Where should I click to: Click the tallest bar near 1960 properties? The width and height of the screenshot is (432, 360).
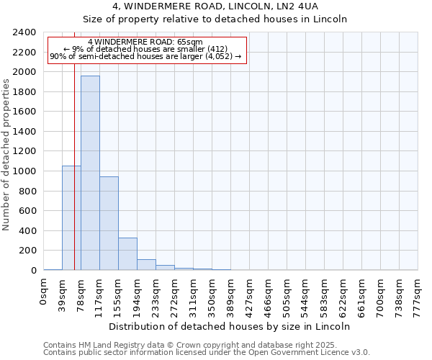point(90,173)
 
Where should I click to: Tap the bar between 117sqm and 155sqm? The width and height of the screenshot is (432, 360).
point(109,223)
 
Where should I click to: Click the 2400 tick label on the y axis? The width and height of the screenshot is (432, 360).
point(24,33)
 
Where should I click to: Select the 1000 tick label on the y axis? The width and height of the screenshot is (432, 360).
point(24,171)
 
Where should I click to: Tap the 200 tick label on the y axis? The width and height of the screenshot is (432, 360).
point(27,251)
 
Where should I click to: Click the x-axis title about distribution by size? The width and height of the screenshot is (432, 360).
point(230,326)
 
